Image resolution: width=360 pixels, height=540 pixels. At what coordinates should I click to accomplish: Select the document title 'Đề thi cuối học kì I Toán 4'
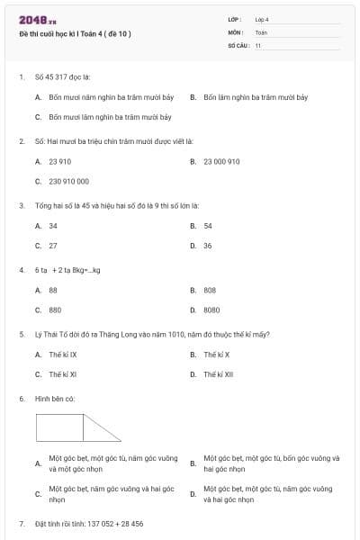pyautogui.click(x=75, y=33)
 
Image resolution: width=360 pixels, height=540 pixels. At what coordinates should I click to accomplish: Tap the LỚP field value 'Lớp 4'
pyautogui.click(x=262, y=19)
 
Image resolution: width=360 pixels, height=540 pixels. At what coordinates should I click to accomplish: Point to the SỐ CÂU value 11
pyautogui.click(x=258, y=45)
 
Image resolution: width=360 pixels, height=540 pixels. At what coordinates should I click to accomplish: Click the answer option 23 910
pyautogui.click(x=59, y=161)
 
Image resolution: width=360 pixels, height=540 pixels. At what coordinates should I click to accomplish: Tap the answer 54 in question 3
pyautogui.click(x=208, y=226)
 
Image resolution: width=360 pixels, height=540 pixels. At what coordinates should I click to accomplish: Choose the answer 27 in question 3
pyautogui.click(x=53, y=245)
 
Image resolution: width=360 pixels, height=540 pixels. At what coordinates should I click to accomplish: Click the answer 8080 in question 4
pyautogui.click(x=211, y=310)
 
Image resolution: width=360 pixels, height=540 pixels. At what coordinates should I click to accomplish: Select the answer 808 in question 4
pyautogui.click(x=210, y=290)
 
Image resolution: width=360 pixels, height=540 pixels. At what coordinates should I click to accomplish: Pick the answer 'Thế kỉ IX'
pyautogui.click(x=63, y=355)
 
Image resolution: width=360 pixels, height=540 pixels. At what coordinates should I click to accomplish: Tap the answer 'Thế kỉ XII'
pyautogui.click(x=219, y=374)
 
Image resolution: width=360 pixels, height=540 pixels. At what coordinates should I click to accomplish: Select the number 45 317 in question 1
pyautogui.click(x=62, y=76)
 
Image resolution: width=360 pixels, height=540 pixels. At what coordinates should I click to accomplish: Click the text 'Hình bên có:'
pyautogui.click(x=55, y=398)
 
